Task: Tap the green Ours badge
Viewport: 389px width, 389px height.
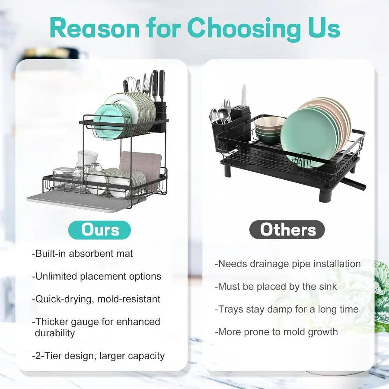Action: click(x=99, y=230)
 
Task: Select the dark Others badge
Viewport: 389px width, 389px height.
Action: click(x=288, y=230)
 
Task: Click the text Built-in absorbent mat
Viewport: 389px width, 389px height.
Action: click(x=83, y=254)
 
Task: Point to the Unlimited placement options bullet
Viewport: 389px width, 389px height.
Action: click(x=96, y=276)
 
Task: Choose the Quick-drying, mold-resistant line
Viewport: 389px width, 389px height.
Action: click(x=96, y=299)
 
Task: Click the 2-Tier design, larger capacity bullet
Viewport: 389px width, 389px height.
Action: click(x=98, y=356)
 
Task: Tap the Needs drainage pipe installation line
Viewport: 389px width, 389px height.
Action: click(x=287, y=264)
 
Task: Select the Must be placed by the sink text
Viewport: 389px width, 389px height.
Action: click(x=276, y=286)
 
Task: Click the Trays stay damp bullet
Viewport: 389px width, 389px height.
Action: click(x=287, y=309)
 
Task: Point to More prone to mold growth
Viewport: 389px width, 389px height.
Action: click(x=276, y=332)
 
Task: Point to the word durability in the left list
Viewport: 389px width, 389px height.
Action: click(x=55, y=333)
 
